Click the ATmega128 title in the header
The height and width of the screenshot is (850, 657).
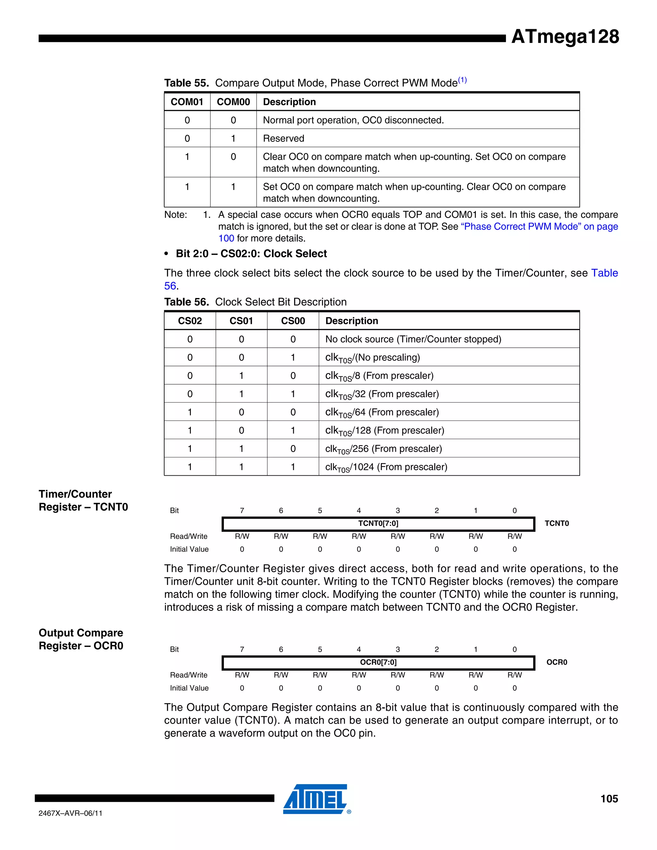(x=565, y=37)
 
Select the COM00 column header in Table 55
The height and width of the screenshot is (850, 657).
(x=233, y=102)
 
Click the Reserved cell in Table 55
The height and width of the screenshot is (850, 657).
(x=284, y=139)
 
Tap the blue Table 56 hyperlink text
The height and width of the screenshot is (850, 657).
(x=604, y=273)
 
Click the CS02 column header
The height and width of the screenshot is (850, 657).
(x=190, y=321)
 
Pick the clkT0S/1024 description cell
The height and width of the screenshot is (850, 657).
(x=386, y=467)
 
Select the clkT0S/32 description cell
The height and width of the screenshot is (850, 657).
(x=382, y=394)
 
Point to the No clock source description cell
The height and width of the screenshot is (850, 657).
(x=413, y=339)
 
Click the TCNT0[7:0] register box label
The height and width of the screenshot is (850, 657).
(x=378, y=523)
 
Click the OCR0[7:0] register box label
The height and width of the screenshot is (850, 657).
(x=378, y=662)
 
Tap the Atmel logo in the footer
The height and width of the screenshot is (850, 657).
(x=316, y=799)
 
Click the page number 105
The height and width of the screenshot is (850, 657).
(x=609, y=799)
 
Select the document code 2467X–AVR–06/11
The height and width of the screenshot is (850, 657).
(x=71, y=813)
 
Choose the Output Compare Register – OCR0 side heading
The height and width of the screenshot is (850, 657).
(x=81, y=640)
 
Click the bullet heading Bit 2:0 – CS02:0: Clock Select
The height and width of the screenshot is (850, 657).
(x=251, y=254)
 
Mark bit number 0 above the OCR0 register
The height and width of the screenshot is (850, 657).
(x=515, y=650)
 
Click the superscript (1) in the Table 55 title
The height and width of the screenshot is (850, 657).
(x=462, y=80)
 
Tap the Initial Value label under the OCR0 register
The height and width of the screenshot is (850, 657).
(x=189, y=688)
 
